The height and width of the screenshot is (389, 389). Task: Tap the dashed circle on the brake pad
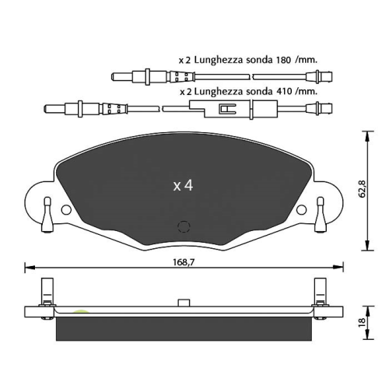(x=184, y=227)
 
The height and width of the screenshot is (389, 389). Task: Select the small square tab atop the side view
(x=184, y=301)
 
